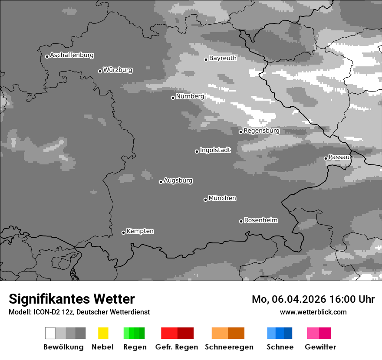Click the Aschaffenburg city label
[x=72, y=55]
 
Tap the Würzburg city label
[x=118, y=70]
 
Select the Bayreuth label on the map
[x=223, y=58]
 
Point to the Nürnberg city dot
[x=173, y=98]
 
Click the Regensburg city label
[x=261, y=131]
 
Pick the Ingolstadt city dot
[x=197, y=151]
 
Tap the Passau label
[x=339, y=157]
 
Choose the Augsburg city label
[x=178, y=180]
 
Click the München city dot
[x=205, y=200]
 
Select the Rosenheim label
[x=260, y=220]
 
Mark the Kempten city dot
[x=123, y=232]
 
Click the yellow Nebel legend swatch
[x=103, y=333]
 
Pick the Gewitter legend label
[x=320, y=347]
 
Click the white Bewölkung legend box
[x=50, y=333]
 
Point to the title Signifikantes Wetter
[x=72, y=299]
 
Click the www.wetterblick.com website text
[x=313, y=312]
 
